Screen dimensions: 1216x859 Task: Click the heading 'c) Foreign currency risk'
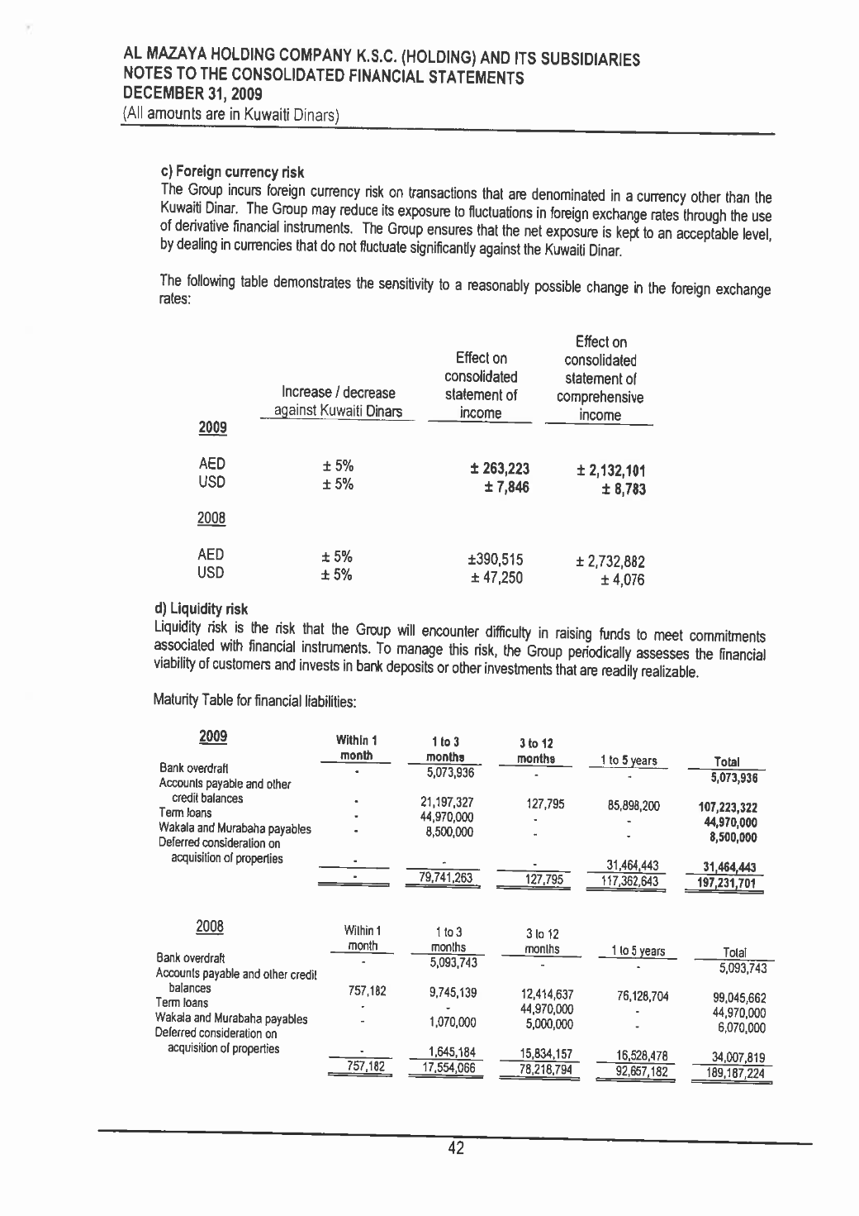[x=231, y=172]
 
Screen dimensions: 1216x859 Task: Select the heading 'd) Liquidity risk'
[x=201, y=609]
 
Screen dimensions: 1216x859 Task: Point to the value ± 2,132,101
[x=610, y=471]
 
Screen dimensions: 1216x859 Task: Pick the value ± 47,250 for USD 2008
[x=496, y=578]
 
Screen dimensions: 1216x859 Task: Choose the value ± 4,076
[x=623, y=580]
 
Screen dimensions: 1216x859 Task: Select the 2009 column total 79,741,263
[x=447, y=878]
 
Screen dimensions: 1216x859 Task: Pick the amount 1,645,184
[x=452, y=1052]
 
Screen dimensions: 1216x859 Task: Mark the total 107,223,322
[x=728, y=808]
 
